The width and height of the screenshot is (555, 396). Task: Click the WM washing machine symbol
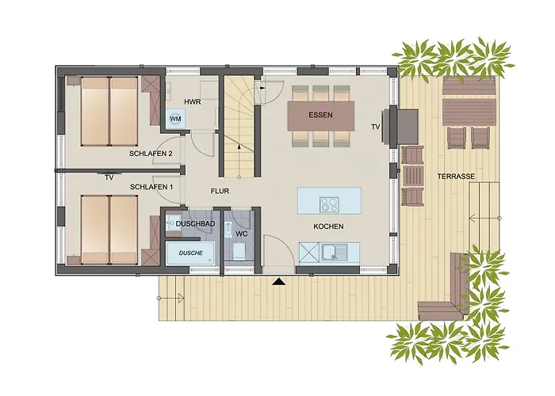[175, 119]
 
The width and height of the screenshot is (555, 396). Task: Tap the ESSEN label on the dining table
[320, 115]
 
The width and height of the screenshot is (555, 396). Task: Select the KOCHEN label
[328, 227]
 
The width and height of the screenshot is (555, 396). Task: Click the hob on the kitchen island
[329, 204]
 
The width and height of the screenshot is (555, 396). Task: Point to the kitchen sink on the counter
[334, 253]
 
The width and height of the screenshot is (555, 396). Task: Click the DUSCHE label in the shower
[191, 253]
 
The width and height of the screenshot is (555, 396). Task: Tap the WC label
[242, 234]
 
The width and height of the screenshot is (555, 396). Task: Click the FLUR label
[220, 191]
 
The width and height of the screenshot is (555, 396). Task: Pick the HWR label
[193, 102]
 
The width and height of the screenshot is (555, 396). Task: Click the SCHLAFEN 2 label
[151, 154]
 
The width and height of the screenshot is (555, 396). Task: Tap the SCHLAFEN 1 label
[151, 187]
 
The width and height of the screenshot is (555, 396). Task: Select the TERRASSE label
[456, 176]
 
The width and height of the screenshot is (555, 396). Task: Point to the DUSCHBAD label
[195, 224]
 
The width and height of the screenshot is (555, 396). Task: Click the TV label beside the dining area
[376, 126]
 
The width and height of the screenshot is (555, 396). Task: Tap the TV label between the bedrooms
[109, 178]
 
